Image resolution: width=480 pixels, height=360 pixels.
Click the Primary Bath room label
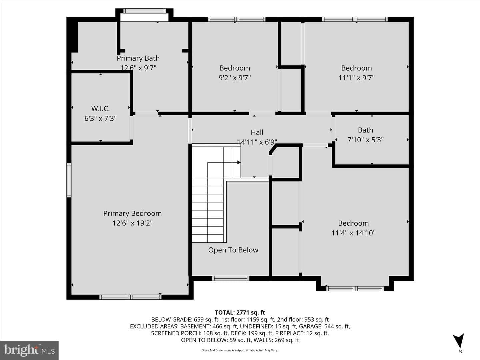[x=138, y=58]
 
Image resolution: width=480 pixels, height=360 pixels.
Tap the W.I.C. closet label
[x=100, y=108]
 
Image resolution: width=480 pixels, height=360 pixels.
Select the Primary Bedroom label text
[x=132, y=213]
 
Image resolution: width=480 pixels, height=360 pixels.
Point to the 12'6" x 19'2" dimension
[x=132, y=223]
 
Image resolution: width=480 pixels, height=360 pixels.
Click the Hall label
[x=257, y=132]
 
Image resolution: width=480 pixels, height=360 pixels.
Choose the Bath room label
[x=365, y=130]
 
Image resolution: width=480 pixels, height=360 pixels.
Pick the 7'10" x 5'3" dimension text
[x=365, y=140]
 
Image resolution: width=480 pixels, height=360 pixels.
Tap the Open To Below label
[x=233, y=250]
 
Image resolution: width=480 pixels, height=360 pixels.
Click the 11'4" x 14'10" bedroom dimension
[x=353, y=233]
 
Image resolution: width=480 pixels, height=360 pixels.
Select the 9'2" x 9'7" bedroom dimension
[x=235, y=78]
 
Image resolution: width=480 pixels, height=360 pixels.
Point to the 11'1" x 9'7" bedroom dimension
[x=356, y=78]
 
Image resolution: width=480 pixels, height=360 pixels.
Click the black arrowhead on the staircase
[x=239, y=162]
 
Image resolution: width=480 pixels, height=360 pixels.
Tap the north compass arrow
[x=459, y=340]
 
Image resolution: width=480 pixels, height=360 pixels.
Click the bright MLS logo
[x=29, y=350]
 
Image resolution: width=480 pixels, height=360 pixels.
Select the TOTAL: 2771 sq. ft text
[x=240, y=312]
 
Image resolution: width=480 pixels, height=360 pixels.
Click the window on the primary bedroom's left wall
[x=69, y=180]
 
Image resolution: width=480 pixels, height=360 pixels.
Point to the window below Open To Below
[x=231, y=278]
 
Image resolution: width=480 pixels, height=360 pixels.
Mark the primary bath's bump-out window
[x=145, y=11]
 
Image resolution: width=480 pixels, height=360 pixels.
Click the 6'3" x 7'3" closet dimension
[x=100, y=118]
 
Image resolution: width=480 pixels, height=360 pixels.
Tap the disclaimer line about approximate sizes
[x=240, y=350]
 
